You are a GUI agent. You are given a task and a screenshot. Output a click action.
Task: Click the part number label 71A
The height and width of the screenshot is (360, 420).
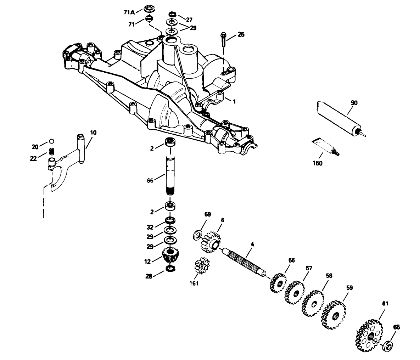pos(129,12)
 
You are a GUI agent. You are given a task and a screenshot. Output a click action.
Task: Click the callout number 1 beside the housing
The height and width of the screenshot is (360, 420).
pos(234,101)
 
